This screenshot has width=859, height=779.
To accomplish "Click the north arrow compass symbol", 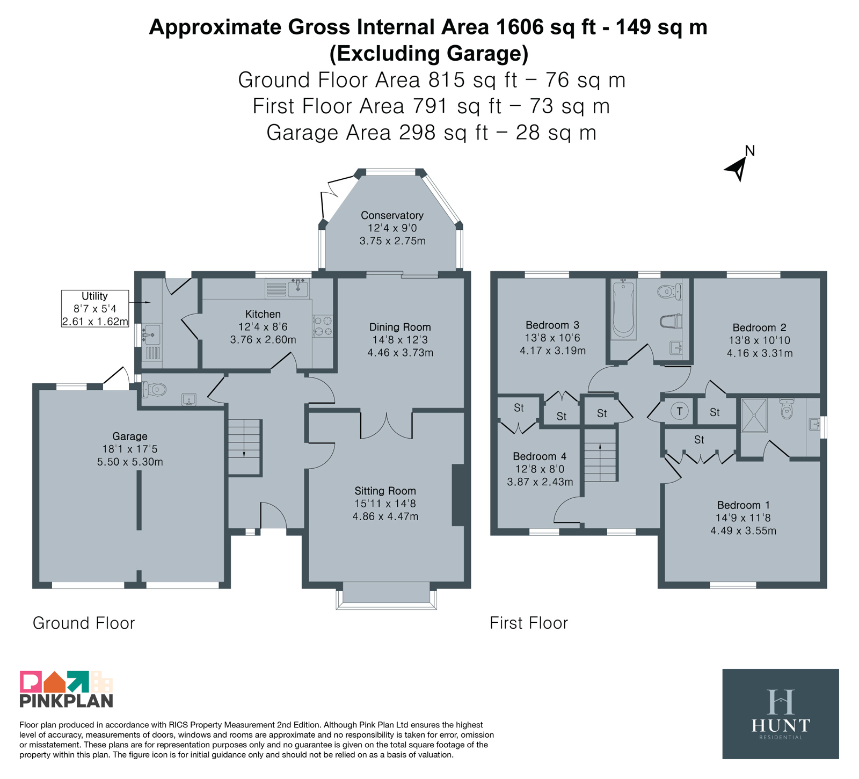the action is [739, 167].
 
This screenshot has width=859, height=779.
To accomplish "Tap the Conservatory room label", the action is [392, 215].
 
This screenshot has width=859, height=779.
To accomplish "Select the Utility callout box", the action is [95, 309].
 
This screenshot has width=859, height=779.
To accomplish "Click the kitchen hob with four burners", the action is [323, 326].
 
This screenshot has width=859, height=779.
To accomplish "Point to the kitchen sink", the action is [297, 288].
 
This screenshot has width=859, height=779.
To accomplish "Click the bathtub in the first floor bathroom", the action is [623, 309].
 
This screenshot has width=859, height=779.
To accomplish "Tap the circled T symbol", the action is [680, 412].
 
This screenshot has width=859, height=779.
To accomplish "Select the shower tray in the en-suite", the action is [754, 415].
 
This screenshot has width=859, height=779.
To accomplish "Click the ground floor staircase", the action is [245, 447].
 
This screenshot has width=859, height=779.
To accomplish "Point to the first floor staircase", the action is [600, 455].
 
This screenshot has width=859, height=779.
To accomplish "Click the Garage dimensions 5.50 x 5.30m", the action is [130, 462].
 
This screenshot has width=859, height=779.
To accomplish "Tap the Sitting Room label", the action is [385, 491].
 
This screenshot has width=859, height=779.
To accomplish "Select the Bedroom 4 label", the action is [540, 456].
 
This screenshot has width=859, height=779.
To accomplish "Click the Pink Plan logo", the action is [67, 689].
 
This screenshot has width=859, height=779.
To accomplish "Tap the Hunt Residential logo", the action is [780, 714].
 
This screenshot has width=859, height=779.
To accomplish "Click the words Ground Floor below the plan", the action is [84, 623].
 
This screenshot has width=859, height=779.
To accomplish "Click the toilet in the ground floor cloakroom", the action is [154, 389].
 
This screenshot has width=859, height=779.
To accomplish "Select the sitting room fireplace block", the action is [458, 495].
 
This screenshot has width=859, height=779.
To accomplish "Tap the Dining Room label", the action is [400, 327].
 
